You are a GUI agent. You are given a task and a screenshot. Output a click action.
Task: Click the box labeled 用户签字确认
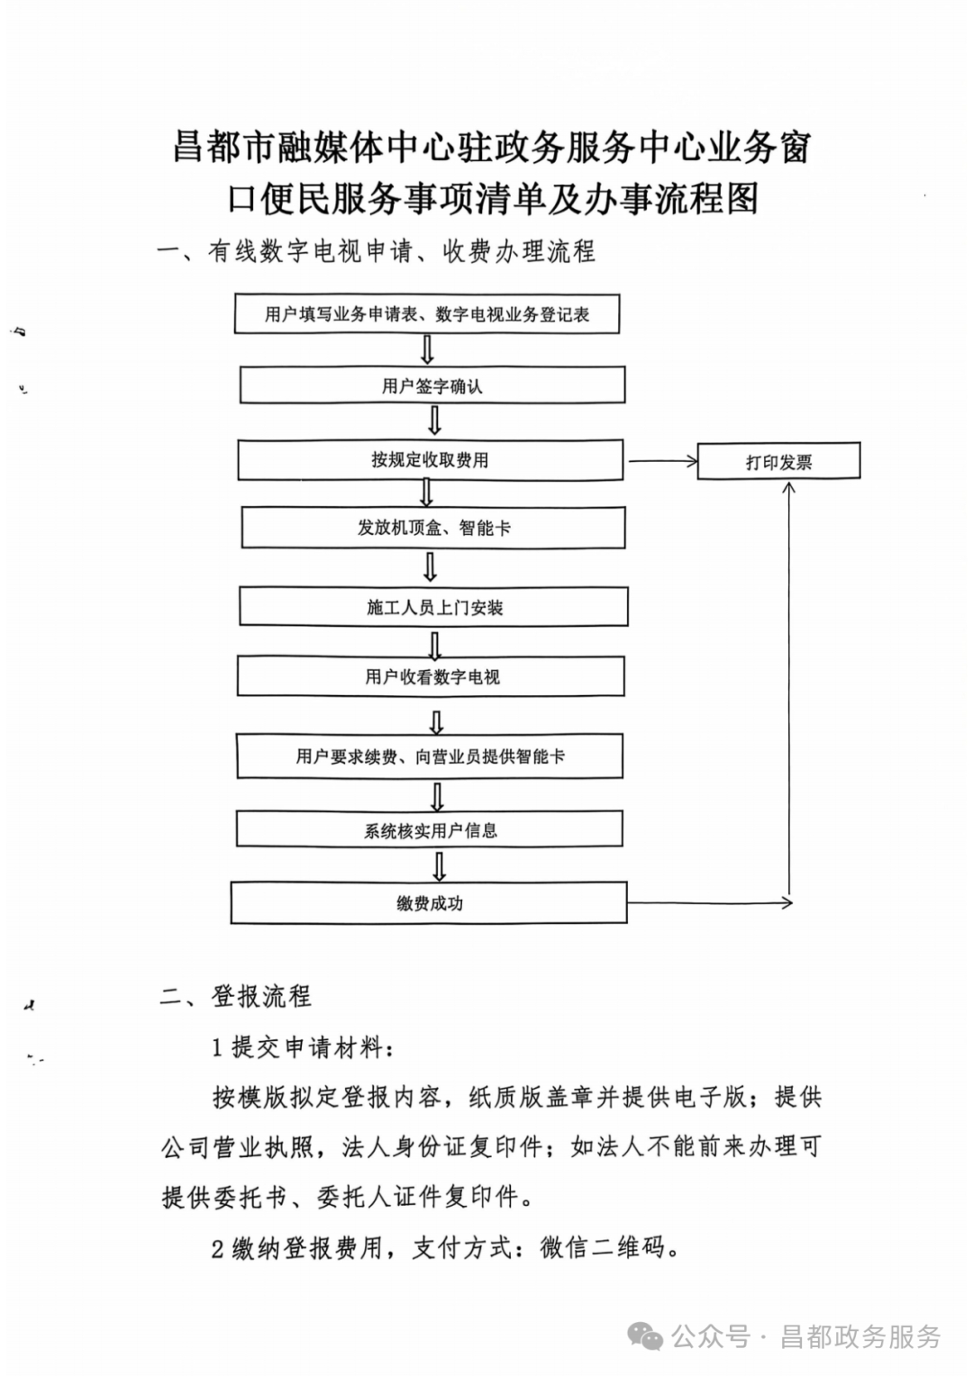[432, 385]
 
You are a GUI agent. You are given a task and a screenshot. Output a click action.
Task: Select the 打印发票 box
[778, 462]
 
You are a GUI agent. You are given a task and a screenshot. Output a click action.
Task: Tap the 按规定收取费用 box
[430, 460]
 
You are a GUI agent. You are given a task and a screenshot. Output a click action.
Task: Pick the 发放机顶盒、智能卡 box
[432, 529]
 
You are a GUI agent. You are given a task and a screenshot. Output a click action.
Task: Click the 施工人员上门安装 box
[433, 608]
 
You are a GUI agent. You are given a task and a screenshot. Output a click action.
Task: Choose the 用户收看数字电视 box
[431, 677]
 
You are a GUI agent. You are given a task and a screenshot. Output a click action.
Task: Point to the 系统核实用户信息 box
[430, 830]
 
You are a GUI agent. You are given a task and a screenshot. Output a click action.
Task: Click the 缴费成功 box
[428, 903]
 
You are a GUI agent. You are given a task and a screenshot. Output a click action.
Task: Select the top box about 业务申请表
[427, 314]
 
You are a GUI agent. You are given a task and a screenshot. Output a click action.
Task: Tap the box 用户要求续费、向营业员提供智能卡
[430, 756]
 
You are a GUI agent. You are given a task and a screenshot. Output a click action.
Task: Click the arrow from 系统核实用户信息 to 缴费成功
[439, 865]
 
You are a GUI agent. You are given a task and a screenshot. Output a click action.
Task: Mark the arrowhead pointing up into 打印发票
[789, 489]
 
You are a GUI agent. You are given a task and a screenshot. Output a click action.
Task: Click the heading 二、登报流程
[236, 996]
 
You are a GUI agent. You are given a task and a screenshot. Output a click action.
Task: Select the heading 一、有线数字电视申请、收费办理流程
[376, 251]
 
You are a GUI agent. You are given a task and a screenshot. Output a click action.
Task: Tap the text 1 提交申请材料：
[302, 1046]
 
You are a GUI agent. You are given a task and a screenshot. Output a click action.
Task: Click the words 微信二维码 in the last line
[602, 1247]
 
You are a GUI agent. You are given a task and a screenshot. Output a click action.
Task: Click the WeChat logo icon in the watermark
[646, 1336]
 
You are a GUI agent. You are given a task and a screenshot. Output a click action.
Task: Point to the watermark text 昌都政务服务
[860, 1337]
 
